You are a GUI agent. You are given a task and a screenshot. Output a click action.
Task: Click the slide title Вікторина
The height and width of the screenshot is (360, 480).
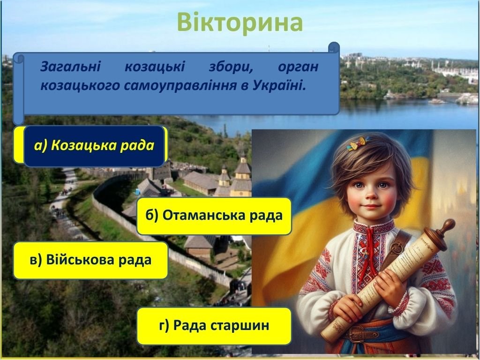click(240, 22)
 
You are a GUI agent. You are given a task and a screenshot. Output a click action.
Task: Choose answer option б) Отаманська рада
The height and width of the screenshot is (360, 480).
click(214, 216)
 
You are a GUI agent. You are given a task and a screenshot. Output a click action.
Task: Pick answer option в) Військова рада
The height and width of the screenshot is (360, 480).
click(90, 260)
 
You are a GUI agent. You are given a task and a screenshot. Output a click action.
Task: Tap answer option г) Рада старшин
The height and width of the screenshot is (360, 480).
click(214, 326)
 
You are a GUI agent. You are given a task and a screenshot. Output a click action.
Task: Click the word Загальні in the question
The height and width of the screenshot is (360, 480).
click(70, 67)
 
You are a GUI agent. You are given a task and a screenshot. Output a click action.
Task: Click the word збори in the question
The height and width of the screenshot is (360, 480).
click(231, 67)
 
